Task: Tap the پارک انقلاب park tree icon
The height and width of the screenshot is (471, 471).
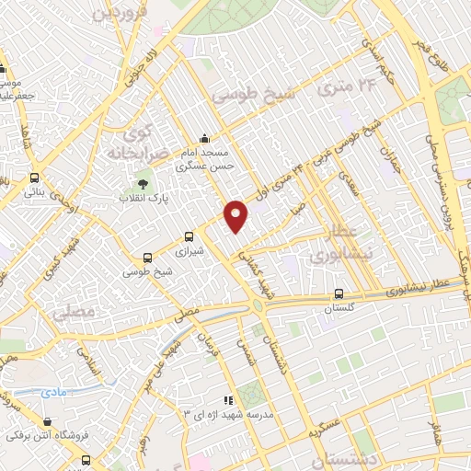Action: (142, 183)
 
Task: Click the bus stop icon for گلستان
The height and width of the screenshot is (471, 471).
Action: (339, 296)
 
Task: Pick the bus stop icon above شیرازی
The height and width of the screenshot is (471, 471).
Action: (190, 235)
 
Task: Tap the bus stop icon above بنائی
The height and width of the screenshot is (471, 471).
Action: (35, 178)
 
